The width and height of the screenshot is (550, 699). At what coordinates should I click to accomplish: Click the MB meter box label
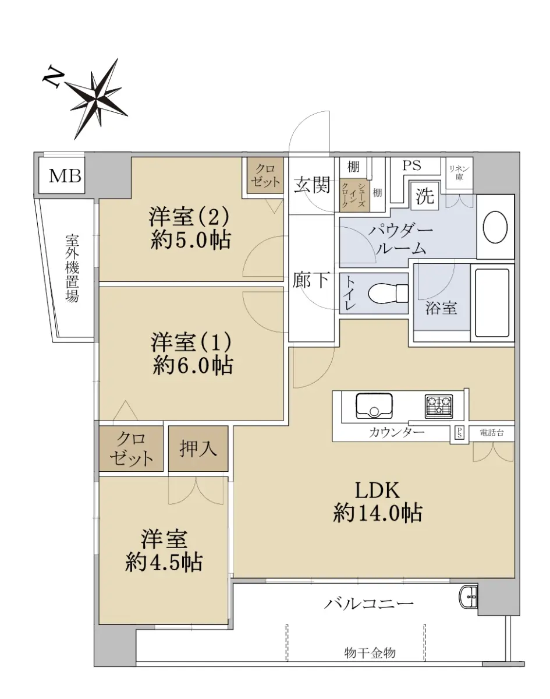click(x=65, y=176)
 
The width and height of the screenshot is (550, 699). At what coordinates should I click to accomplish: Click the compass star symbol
click(x=97, y=98)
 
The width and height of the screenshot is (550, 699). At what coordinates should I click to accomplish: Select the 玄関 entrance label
click(x=312, y=185)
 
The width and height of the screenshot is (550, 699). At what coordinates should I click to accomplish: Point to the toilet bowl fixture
click(x=388, y=294)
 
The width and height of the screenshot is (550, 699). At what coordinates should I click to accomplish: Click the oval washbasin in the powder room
click(x=495, y=227)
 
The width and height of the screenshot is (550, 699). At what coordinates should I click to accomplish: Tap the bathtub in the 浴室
click(x=492, y=303)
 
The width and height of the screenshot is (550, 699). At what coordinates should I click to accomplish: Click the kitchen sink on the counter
click(x=374, y=405)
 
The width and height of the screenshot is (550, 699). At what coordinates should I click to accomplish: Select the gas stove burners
click(x=439, y=407)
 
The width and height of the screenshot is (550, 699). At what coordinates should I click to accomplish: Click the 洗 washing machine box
click(x=425, y=196)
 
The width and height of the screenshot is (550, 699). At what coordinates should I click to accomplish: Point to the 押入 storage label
click(x=198, y=449)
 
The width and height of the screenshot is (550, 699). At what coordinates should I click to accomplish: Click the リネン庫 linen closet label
click(x=459, y=173)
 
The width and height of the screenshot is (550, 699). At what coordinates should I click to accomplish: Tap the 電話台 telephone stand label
click(x=492, y=432)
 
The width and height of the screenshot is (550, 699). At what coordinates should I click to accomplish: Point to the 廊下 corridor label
click(x=311, y=280)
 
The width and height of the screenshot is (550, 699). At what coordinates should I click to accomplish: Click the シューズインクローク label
click(x=354, y=194)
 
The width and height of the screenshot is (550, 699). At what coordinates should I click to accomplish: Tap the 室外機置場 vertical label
click(x=72, y=269)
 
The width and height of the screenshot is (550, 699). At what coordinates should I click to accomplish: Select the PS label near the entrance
click(x=411, y=165)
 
